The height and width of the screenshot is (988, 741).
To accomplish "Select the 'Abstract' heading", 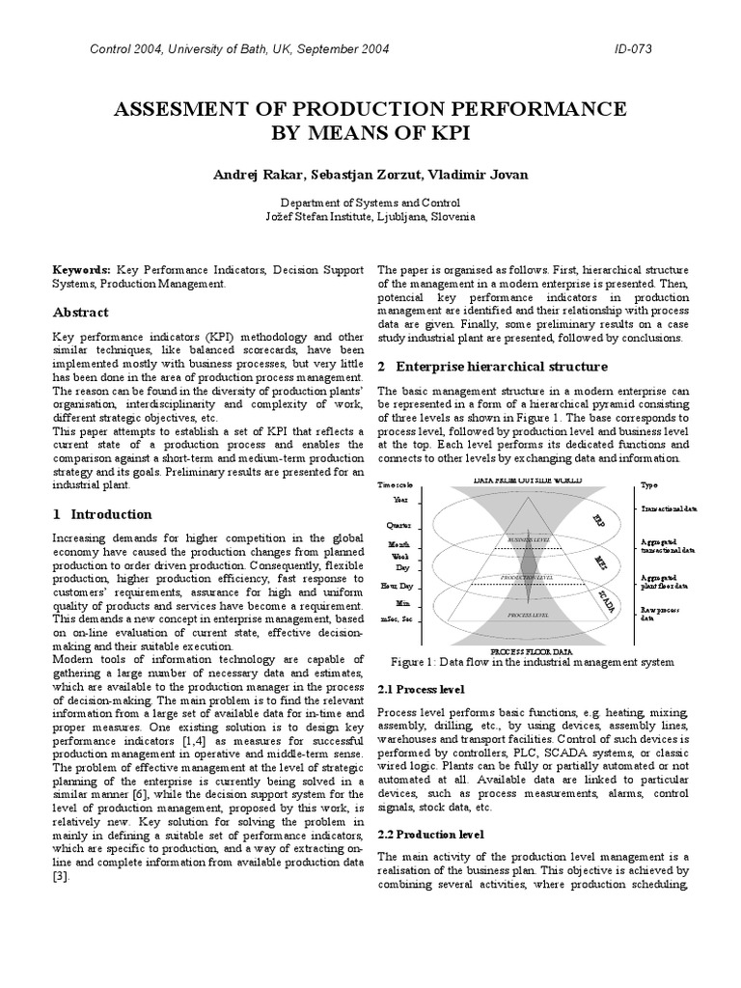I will coord(80,313).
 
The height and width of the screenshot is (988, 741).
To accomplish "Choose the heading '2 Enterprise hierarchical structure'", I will coord(492,367).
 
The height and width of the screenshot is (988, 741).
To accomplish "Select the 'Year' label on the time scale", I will coord(400,500).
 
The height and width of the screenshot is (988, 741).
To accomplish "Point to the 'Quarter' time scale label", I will coord(398,525).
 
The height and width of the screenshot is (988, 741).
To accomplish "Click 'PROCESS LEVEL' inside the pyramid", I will coord(529,614).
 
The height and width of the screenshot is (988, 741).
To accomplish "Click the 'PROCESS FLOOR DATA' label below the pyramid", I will coord(529,652).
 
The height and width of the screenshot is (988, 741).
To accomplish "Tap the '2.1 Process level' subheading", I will coord(421,690).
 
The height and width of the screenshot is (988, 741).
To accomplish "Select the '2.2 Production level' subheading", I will coord(430,833).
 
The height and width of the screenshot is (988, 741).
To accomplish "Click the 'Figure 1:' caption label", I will coord(416,662).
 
